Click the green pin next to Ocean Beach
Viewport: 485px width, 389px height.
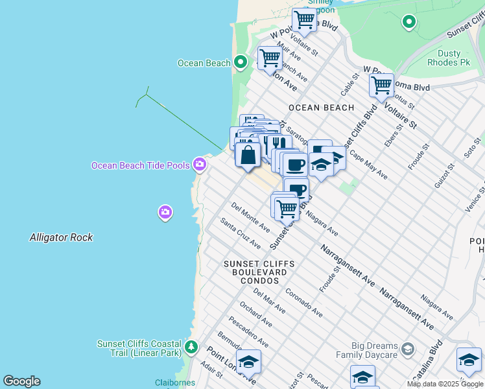[241, 63]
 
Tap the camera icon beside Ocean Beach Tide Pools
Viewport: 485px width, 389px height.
[200, 165]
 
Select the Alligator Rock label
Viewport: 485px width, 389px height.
[61, 238]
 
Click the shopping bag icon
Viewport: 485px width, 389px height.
[247, 156]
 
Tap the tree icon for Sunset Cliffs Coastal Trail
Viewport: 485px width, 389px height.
[191, 348]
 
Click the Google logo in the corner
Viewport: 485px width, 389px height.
[21, 381]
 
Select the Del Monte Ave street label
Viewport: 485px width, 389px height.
[250, 217]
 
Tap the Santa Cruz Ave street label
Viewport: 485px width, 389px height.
[240, 233]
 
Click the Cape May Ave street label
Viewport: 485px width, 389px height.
[368, 165]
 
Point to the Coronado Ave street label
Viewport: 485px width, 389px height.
[303, 302]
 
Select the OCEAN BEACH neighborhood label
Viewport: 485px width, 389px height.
[321, 108]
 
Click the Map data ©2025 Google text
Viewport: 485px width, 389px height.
[445, 384]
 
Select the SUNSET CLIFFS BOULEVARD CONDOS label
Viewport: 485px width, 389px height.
[259, 272]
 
